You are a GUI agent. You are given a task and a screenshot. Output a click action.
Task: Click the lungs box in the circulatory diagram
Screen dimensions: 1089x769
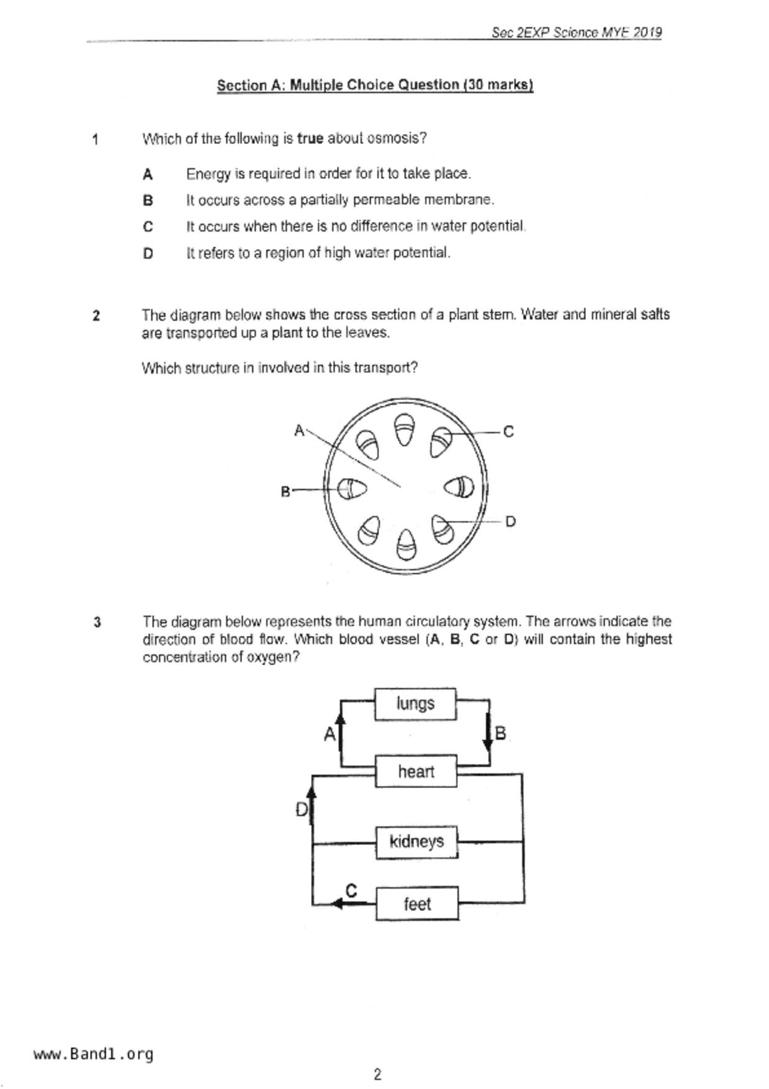coord(415,704)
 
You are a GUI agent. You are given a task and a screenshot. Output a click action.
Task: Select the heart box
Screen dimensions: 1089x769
coord(416,772)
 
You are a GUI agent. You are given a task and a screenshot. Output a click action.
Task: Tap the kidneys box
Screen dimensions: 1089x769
coord(416,842)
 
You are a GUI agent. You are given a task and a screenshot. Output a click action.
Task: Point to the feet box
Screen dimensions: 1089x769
coord(417,904)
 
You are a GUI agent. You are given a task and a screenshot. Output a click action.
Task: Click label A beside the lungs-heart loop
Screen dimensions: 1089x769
coord(330,735)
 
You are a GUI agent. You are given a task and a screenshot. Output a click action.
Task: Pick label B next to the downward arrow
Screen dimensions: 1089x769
coord(500,734)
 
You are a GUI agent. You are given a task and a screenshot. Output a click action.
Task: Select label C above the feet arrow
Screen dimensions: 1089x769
coord(351,891)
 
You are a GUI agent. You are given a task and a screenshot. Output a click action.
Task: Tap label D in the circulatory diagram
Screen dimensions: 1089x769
coord(301,810)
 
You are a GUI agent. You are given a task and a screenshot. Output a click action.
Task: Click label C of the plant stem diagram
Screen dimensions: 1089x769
coord(508,432)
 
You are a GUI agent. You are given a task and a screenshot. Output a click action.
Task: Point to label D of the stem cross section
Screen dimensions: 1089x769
coord(510,522)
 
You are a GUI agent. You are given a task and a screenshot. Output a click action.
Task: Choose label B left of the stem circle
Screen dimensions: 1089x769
coord(286,492)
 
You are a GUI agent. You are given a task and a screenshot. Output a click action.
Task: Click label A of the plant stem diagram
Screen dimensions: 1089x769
coord(299,430)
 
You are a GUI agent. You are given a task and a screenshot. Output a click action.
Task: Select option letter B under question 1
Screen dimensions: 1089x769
coord(148,201)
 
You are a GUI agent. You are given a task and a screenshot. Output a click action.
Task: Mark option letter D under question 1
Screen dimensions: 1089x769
coord(148,253)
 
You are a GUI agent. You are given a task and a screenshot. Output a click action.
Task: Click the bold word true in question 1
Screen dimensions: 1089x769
coord(310,138)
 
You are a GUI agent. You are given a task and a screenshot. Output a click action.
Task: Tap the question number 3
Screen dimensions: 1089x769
coord(97,622)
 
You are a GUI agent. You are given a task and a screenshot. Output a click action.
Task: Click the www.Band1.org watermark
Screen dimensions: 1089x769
coord(94,1054)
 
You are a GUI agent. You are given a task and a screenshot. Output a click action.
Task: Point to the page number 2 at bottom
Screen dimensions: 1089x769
coord(377,1075)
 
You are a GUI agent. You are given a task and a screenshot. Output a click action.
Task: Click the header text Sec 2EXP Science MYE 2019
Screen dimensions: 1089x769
coord(577,32)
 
